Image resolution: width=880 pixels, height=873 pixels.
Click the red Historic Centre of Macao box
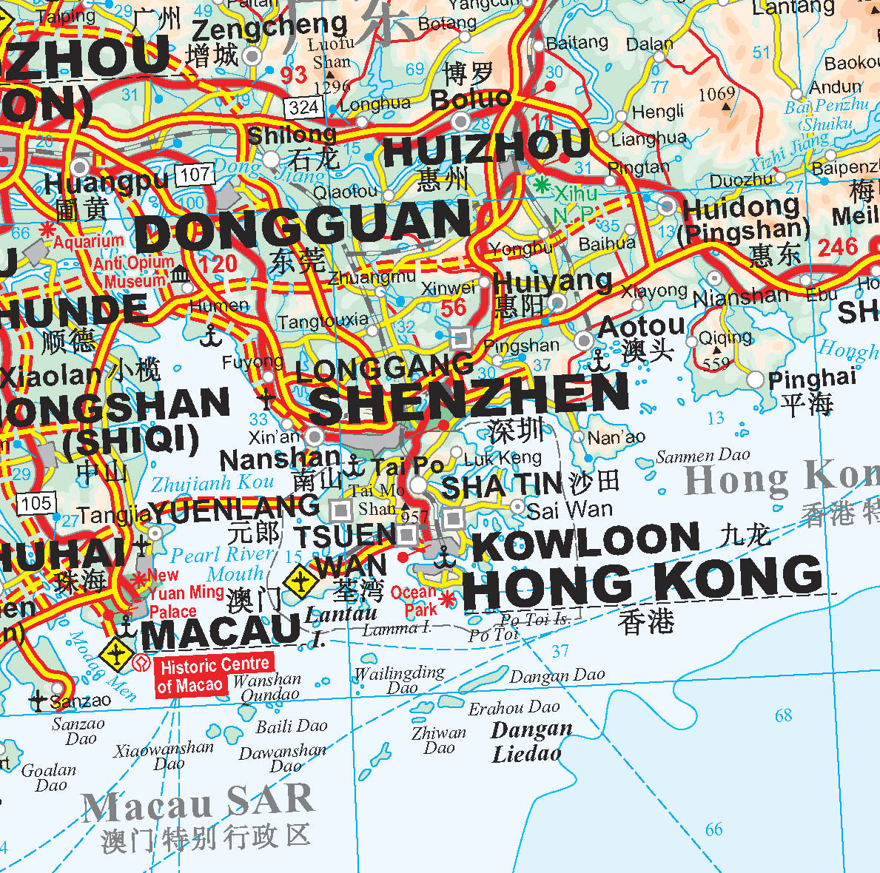(x=213, y=675)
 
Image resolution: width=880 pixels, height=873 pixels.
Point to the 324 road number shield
(x=303, y=108)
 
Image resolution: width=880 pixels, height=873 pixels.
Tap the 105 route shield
(x=36, y=505)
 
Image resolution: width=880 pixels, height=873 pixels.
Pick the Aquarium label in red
(x=88, y=242)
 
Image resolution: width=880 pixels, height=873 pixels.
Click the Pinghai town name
(x=812, y=380)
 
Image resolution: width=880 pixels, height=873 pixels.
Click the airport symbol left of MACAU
(x=116, y=654)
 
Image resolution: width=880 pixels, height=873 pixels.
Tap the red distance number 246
(x=837, y=247)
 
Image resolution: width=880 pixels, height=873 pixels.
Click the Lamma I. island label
(x=397, y=629)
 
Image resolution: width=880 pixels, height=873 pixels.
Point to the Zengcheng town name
(x=269, y=28)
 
